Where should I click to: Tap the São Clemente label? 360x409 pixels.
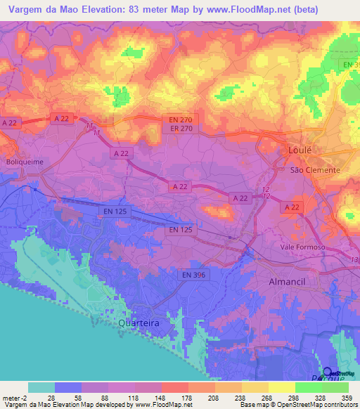click(315, 170)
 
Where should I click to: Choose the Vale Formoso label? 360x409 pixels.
click(302, 247)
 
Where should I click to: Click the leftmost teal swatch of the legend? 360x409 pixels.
click(41, 387)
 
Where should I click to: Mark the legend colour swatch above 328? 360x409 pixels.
click(309, 387)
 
